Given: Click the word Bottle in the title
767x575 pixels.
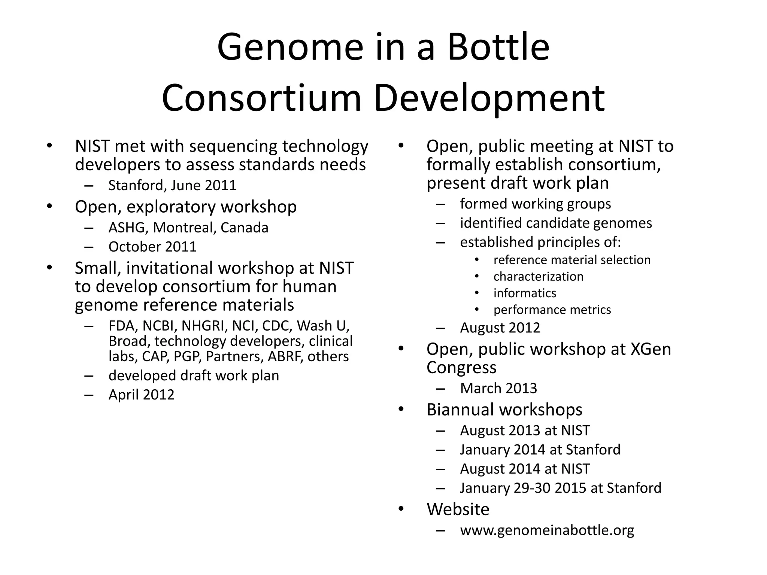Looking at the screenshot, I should tap(498, 47).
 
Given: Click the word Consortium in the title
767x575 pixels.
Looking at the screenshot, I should tap(261, 98).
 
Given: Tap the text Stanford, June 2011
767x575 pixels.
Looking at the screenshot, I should tap(172, 186).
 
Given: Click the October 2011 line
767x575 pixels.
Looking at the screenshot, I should tap(152, 247).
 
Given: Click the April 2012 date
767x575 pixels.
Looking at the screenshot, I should tap(141, 395).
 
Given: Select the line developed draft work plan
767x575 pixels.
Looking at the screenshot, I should tap(194, 375).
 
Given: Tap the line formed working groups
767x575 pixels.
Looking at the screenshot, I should tap(535, 204).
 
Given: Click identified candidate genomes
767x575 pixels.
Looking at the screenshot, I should tap(556, 223).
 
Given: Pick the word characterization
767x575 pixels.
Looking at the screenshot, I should tap(538, 277).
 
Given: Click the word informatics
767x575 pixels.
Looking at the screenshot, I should tap(525, 293).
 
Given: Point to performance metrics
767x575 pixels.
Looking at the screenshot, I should tap(552, 310).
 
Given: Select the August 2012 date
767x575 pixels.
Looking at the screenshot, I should tap(500, 328).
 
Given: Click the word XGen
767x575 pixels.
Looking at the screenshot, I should tap(651, 349).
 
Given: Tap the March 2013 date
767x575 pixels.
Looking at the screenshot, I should tap(498, 388).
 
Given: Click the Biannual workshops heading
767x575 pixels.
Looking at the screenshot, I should tap(504, 410).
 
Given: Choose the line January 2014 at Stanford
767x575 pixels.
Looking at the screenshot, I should tap(540, 450).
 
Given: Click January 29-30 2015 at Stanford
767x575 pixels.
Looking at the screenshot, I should tap(560, 488).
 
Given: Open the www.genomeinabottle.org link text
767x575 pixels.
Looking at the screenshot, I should tap(547, 530).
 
